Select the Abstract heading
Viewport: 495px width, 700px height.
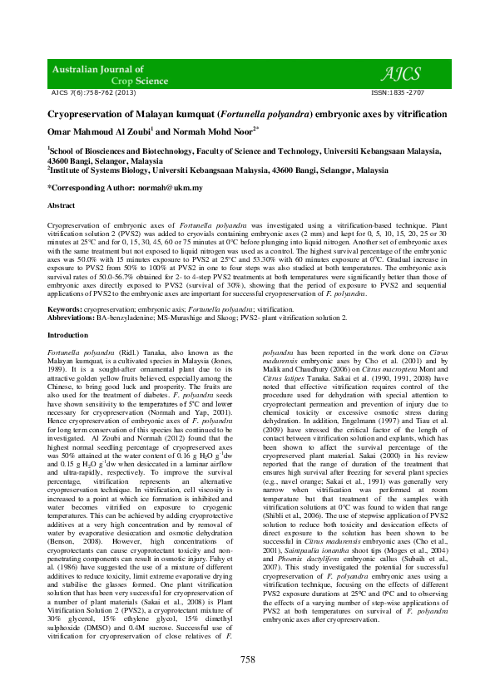coord(62,205)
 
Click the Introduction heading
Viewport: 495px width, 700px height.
coord(67,335)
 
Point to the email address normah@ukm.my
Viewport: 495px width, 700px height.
coord(172,188)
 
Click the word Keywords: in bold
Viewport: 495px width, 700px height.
coord(64,308)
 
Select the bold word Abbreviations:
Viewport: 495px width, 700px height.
coord(71,317)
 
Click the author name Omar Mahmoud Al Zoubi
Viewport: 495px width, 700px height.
coord(98,131)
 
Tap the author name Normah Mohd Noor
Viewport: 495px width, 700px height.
coord(214,131)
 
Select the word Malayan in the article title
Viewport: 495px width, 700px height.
coord(166,114)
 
